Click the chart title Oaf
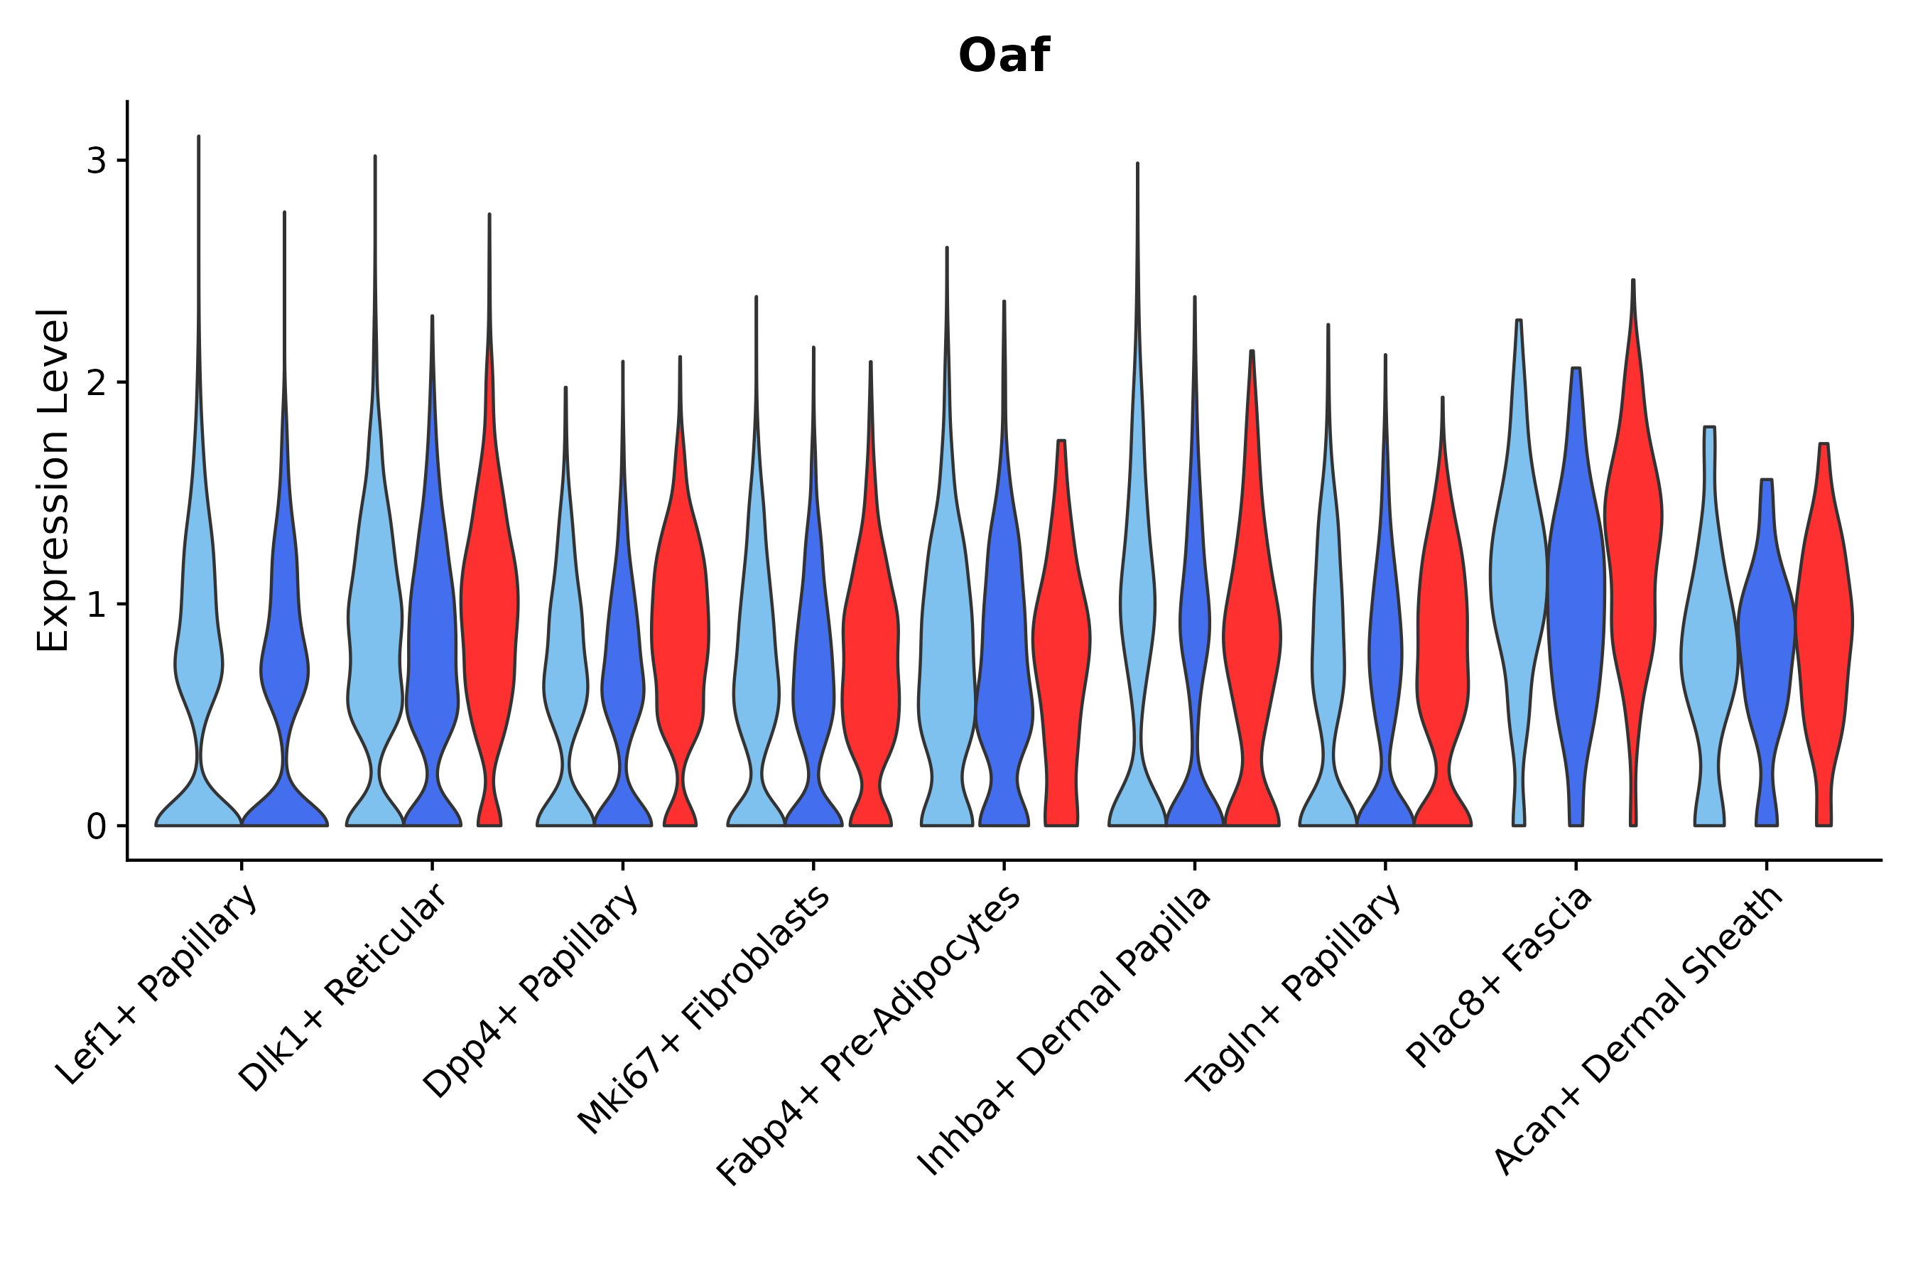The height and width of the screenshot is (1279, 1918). (1003, 56)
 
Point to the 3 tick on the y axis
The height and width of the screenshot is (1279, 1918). (96, 161)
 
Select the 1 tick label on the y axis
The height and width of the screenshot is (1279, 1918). (96, 605)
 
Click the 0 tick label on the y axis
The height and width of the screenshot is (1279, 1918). (96, 827)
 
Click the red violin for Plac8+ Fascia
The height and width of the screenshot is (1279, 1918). (1632, 571)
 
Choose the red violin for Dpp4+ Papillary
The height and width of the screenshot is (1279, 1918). (680, 620)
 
